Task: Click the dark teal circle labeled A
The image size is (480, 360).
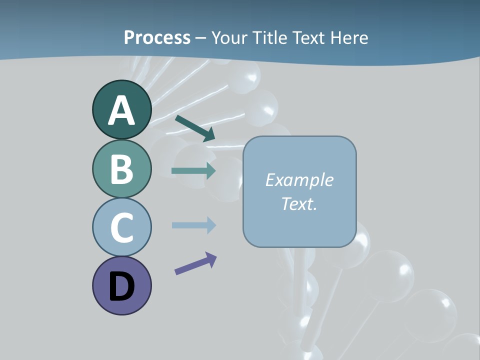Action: (x=121, y=109)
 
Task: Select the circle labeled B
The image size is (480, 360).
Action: (x=121, y=168)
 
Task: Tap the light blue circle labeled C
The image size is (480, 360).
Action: (x=121, y=227)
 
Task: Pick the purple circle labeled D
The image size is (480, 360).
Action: (x=121, y=285)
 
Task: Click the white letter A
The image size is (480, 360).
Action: (x=121, y=110)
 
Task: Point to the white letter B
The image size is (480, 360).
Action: (x=121, y=169)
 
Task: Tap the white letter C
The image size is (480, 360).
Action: (x=121, y=227)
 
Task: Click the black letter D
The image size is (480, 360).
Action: (x=121, y=287)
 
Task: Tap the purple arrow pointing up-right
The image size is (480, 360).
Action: (x=195, y=263)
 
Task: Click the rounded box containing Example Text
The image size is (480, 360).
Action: (x=299, y=191)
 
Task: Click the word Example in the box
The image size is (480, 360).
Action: (x=299, y=179)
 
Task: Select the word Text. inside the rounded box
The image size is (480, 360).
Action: (x=299, y=203)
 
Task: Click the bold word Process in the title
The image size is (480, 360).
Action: (x=157, y=37)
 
